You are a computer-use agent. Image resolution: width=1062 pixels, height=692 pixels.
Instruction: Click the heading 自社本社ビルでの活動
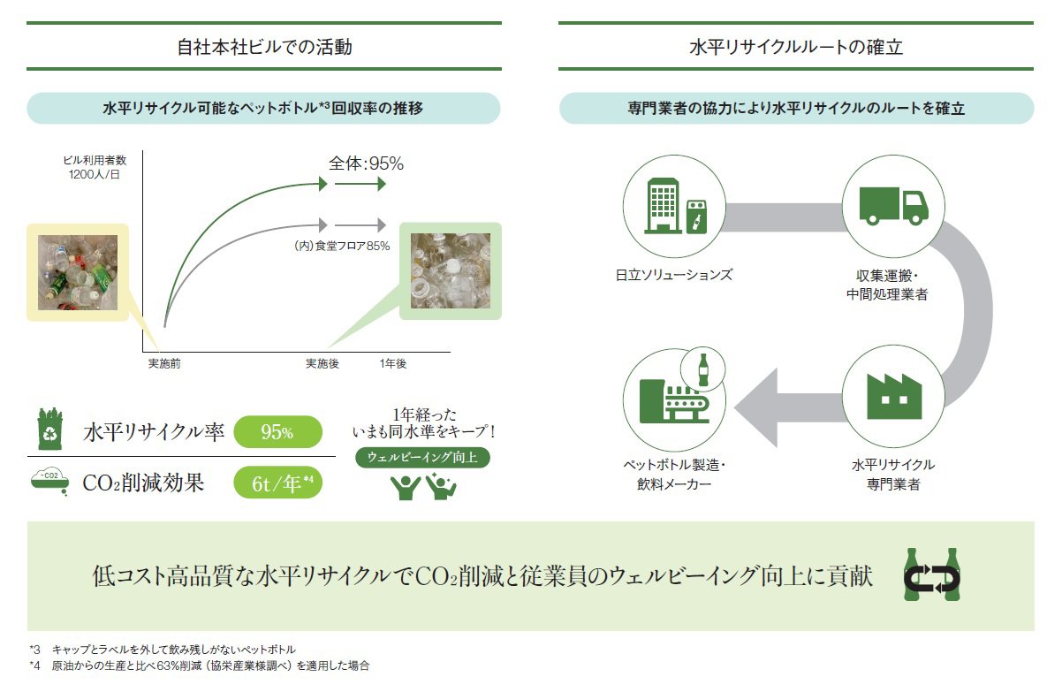[263, 46]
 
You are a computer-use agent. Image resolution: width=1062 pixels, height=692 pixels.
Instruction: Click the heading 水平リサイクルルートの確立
[795, 46]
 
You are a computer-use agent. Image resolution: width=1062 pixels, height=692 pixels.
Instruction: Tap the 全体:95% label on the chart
[366, 163]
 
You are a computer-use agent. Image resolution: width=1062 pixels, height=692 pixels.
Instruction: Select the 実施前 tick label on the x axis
[164, 364]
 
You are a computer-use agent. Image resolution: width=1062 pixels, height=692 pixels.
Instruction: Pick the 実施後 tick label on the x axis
[322, 364]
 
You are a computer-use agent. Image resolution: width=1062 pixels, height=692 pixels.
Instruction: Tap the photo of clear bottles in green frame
[450, 270]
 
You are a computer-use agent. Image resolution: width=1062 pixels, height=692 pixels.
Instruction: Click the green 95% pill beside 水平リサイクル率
[277, 432]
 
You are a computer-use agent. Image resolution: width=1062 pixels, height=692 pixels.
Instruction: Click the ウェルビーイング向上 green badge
[422, 459]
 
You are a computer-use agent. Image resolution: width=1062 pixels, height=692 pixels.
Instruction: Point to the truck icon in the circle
[893, 206]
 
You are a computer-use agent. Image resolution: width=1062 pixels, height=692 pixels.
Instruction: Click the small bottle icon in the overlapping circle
[703, 369]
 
